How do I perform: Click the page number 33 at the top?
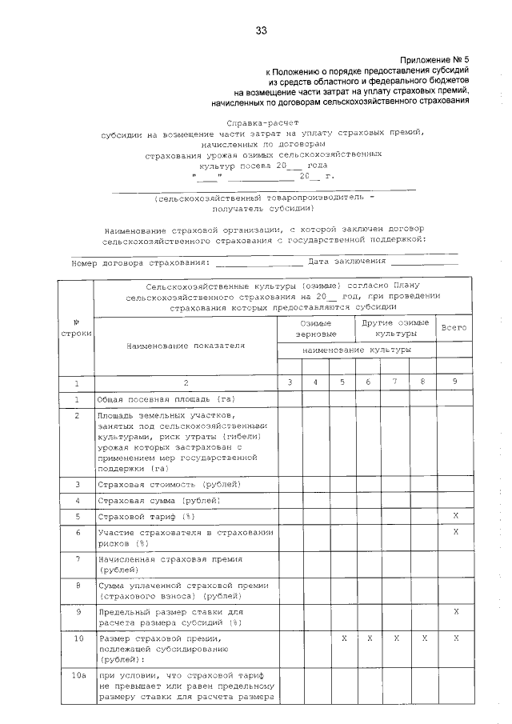click(x=261, y=31)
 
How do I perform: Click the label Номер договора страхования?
click(x=141, y=262)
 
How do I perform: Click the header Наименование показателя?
click(x=186, y=346)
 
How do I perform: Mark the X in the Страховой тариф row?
click(x=454, y=517)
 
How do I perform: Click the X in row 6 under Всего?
click(x=454, y=532)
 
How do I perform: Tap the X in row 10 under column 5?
click(x=342, y=638)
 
